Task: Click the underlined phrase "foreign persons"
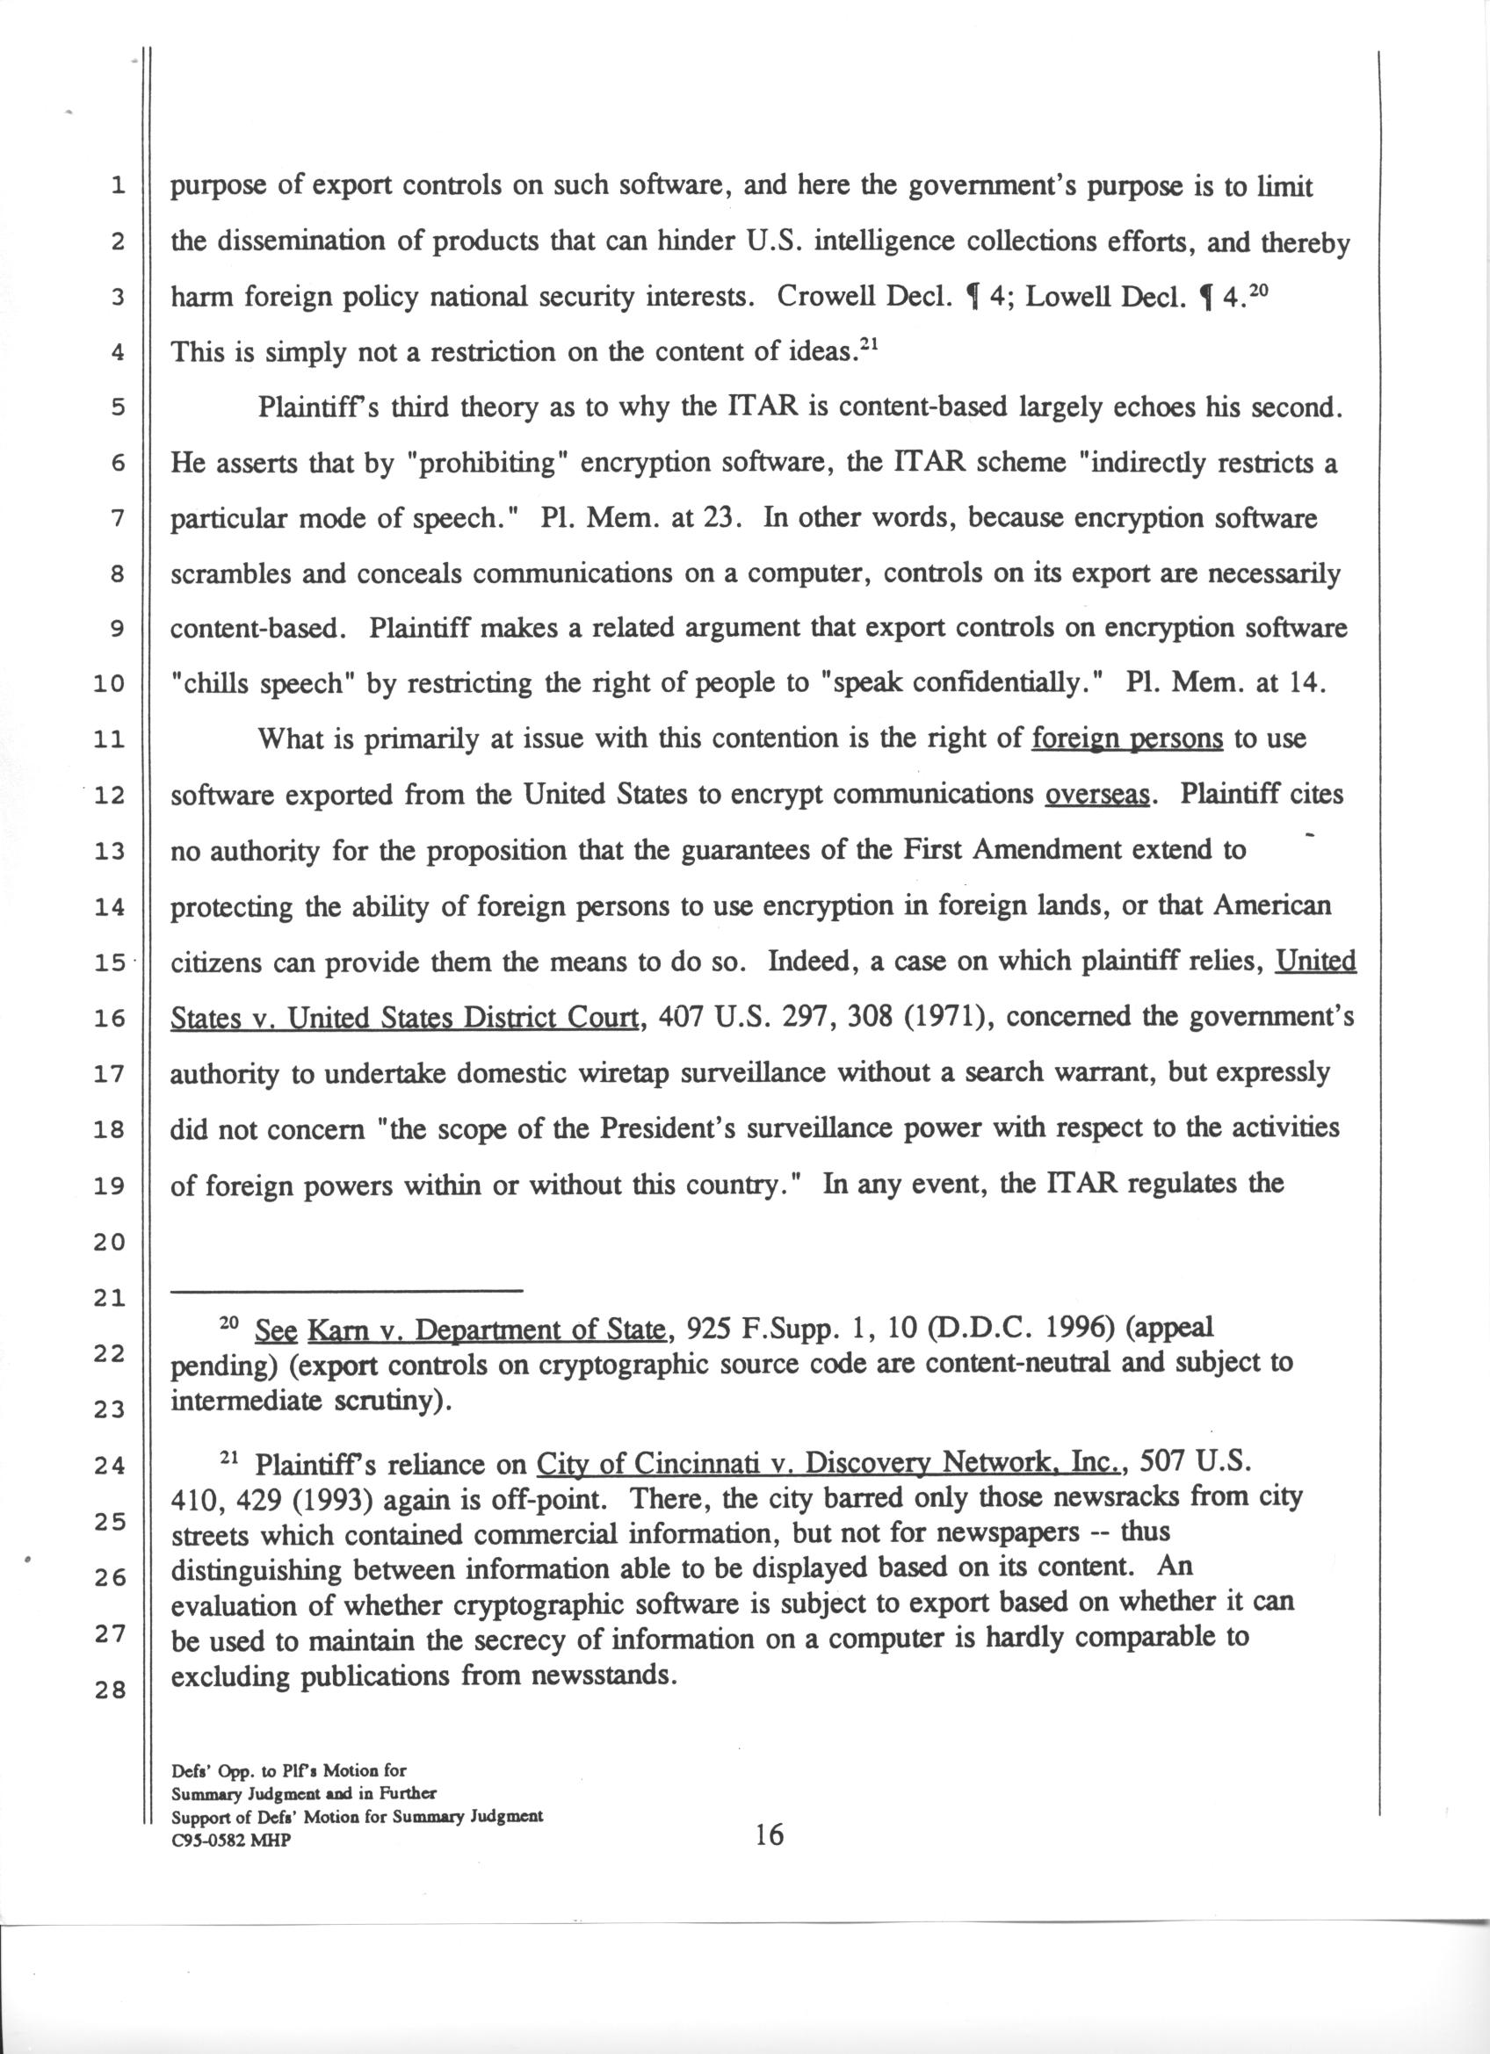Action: point(1128,739)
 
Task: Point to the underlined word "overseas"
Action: point(1097,795)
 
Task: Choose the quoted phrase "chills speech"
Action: point(263,684)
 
